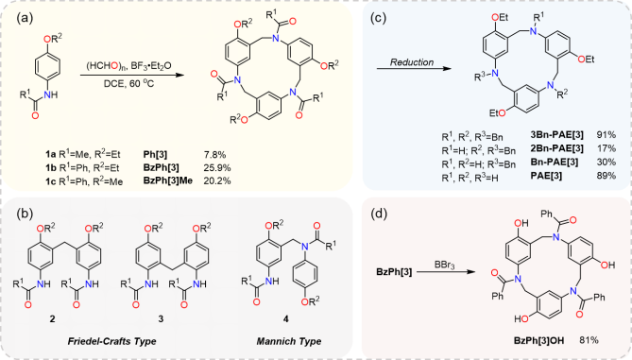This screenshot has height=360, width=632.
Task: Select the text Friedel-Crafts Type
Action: point(93,342)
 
